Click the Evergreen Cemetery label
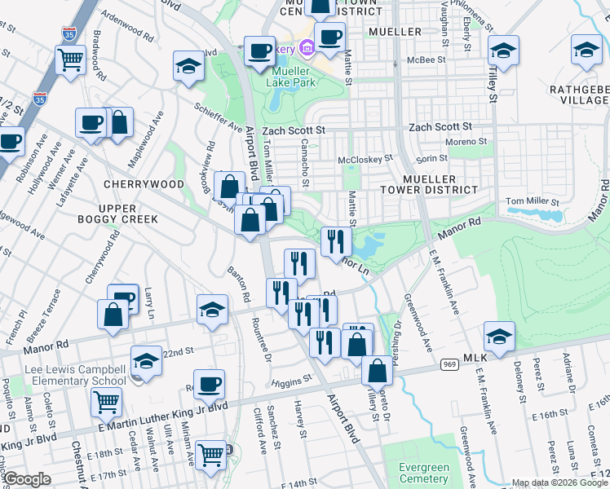click(x=424, y=473)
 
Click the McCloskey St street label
click(x=365, y=158)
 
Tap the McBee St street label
click(x=427, y=59)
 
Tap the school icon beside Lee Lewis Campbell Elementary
click(x=146, y=359)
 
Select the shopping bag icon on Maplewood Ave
click(x=119, y=123)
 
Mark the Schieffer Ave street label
click(x=218, y=119)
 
